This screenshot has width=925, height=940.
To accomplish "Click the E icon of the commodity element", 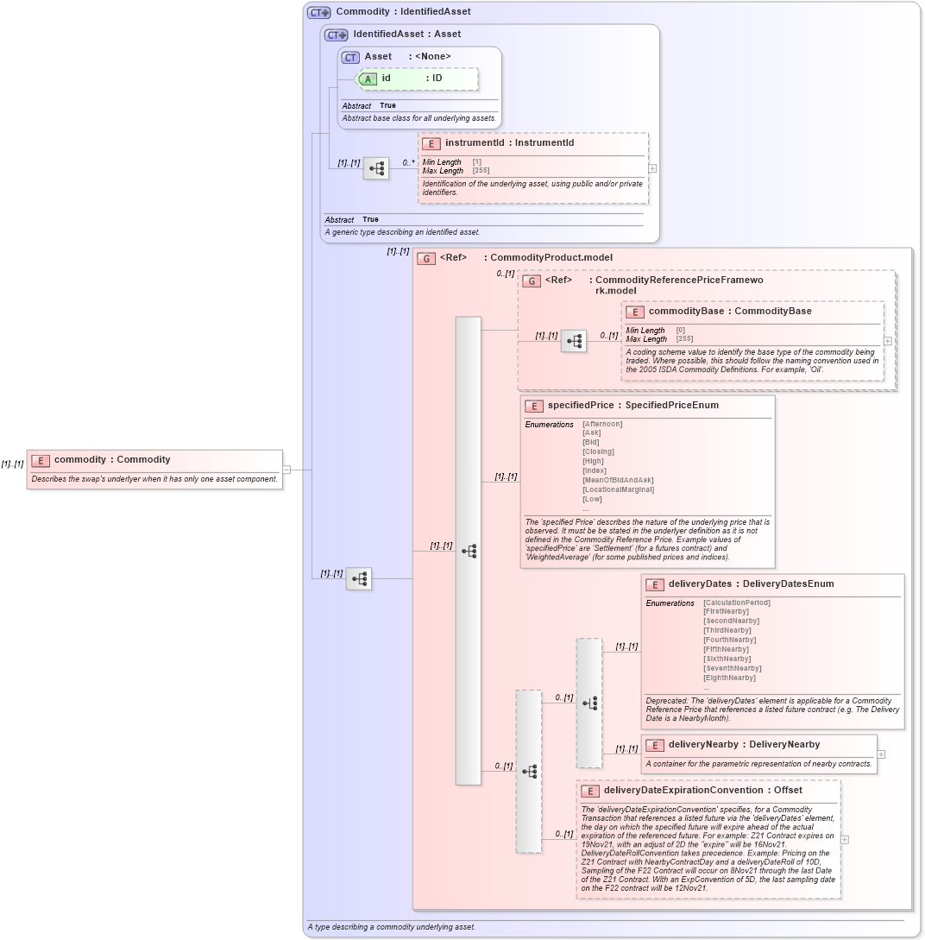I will click(x=41, y=460).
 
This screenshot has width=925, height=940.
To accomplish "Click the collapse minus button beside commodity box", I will click(x=286, y=470).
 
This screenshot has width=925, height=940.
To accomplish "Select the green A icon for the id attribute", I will click(x=368, y=79).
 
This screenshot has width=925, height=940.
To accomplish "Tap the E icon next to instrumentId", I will click(x=431, y=143).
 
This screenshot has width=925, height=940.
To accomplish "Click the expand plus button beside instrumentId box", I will click(x=652, y=168).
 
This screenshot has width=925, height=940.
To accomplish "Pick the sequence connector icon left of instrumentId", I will click(x=376, y=168).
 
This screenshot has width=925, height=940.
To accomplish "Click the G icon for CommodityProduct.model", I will click(x=425, y=258).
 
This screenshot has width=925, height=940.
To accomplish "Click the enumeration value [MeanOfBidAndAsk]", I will click(x=618, y=480).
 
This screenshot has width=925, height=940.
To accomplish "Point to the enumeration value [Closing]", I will click(x=598, y=451).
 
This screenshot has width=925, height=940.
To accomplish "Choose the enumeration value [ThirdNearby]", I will click(x=727, y=630).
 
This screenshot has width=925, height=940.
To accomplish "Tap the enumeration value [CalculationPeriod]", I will click(x=736, y=602).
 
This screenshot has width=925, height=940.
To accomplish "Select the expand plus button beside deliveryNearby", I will click(x=881, y=754).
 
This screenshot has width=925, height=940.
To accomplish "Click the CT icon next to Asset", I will click(x=350, y=57).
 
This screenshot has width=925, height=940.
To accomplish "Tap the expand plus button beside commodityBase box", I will click(x=888, y=341).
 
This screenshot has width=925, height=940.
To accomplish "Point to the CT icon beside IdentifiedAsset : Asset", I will click(x=336, y=35).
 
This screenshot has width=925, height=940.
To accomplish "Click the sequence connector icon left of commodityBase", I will click(x=574, y=341).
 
